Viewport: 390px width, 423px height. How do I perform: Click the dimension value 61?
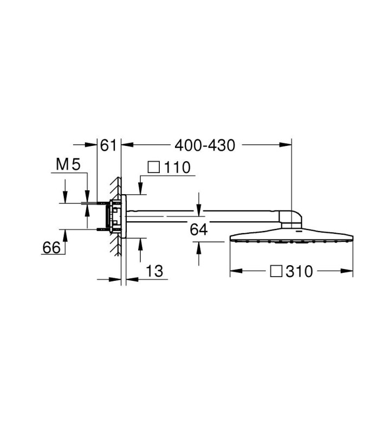tap(108, 145)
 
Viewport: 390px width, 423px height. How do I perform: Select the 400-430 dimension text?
tap(205, 145)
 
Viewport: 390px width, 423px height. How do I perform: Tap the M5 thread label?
tap(68, 164)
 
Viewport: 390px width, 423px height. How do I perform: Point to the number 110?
tap(177, 167)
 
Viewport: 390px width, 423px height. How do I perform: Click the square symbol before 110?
tap(154, 167)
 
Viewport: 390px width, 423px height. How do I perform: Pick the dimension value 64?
tap(199, 230)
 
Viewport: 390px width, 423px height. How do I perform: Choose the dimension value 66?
tap(51, 247)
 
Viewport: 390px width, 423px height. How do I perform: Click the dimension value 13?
tap(155, 271)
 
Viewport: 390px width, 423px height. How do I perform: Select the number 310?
tap(299, 271)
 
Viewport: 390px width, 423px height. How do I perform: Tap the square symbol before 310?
tap(276, 271)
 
